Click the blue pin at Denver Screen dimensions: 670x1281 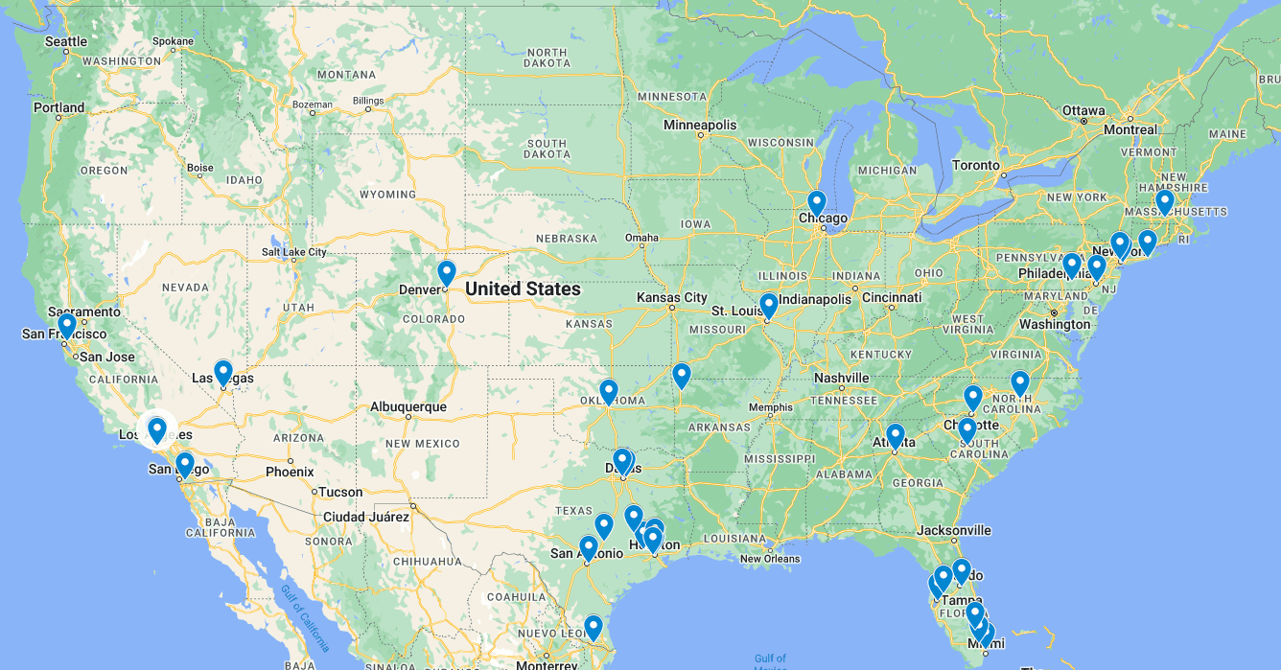click(x=446, y=273)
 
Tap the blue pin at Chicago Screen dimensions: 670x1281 click(x=816, y=203)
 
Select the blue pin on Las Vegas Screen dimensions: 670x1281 click(x=223, y=372)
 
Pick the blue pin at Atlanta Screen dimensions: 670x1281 click(x=896, y=436)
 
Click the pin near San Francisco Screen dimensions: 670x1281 click(x=67, y=326)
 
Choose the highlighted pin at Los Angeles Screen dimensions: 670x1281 click(x=157, y=429)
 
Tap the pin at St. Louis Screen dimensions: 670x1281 click(x=768, y=306)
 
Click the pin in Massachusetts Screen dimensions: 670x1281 click(x=1164, y=202)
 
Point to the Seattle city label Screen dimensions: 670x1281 click(x=66, y=41)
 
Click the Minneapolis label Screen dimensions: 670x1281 click(x=701, y=125)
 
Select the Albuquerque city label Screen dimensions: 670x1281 click(x=408, y=406)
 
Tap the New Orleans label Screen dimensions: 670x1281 click(x=770, y=559)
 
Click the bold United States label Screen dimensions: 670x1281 click(x=523, y=289)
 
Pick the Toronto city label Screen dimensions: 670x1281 click(x=976, y=165)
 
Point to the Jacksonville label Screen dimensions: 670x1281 click(x=953, y=530)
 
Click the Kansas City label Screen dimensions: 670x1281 click(x=671, y=298)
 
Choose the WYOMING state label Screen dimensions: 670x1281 click(x=387, y=195)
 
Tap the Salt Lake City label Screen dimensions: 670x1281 click(x=293, y=252)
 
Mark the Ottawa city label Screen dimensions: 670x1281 click(x=1083, y=110)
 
